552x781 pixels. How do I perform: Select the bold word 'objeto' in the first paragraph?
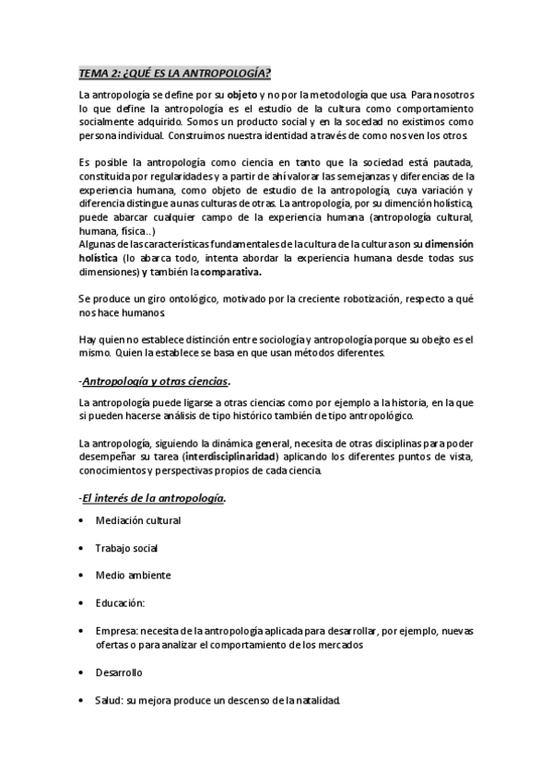click(x=243, y=96)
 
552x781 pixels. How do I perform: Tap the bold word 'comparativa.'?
click(x=231, y=272)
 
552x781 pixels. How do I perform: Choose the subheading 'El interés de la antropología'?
click(x=153, y=498)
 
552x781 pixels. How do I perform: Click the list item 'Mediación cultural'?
click(x=137, y=520)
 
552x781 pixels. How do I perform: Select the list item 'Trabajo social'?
click(x=126, y=548)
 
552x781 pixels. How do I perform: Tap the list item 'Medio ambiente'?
click(x=132, y=575)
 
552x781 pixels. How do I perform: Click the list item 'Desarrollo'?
click(x=119, y=672)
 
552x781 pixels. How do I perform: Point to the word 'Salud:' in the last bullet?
click(x=110, y=700)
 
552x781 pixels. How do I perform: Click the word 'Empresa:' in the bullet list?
click(x=115, y=632)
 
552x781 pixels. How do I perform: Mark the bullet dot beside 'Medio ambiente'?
click(x=82, y=575)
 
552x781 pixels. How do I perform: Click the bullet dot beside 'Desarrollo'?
click(x=82, y=672)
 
